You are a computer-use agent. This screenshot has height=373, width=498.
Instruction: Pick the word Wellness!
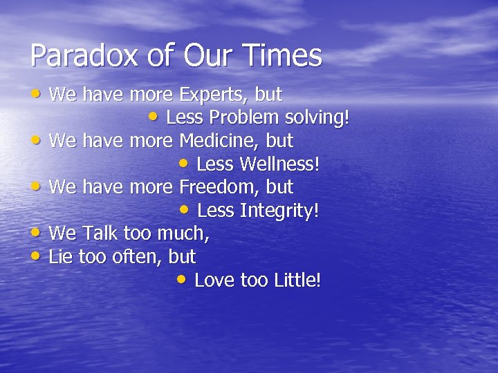pos(279,165)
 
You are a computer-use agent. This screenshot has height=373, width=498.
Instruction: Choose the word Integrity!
pos(279,211)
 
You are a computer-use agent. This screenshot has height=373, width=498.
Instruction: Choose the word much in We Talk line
pos(183,233)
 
